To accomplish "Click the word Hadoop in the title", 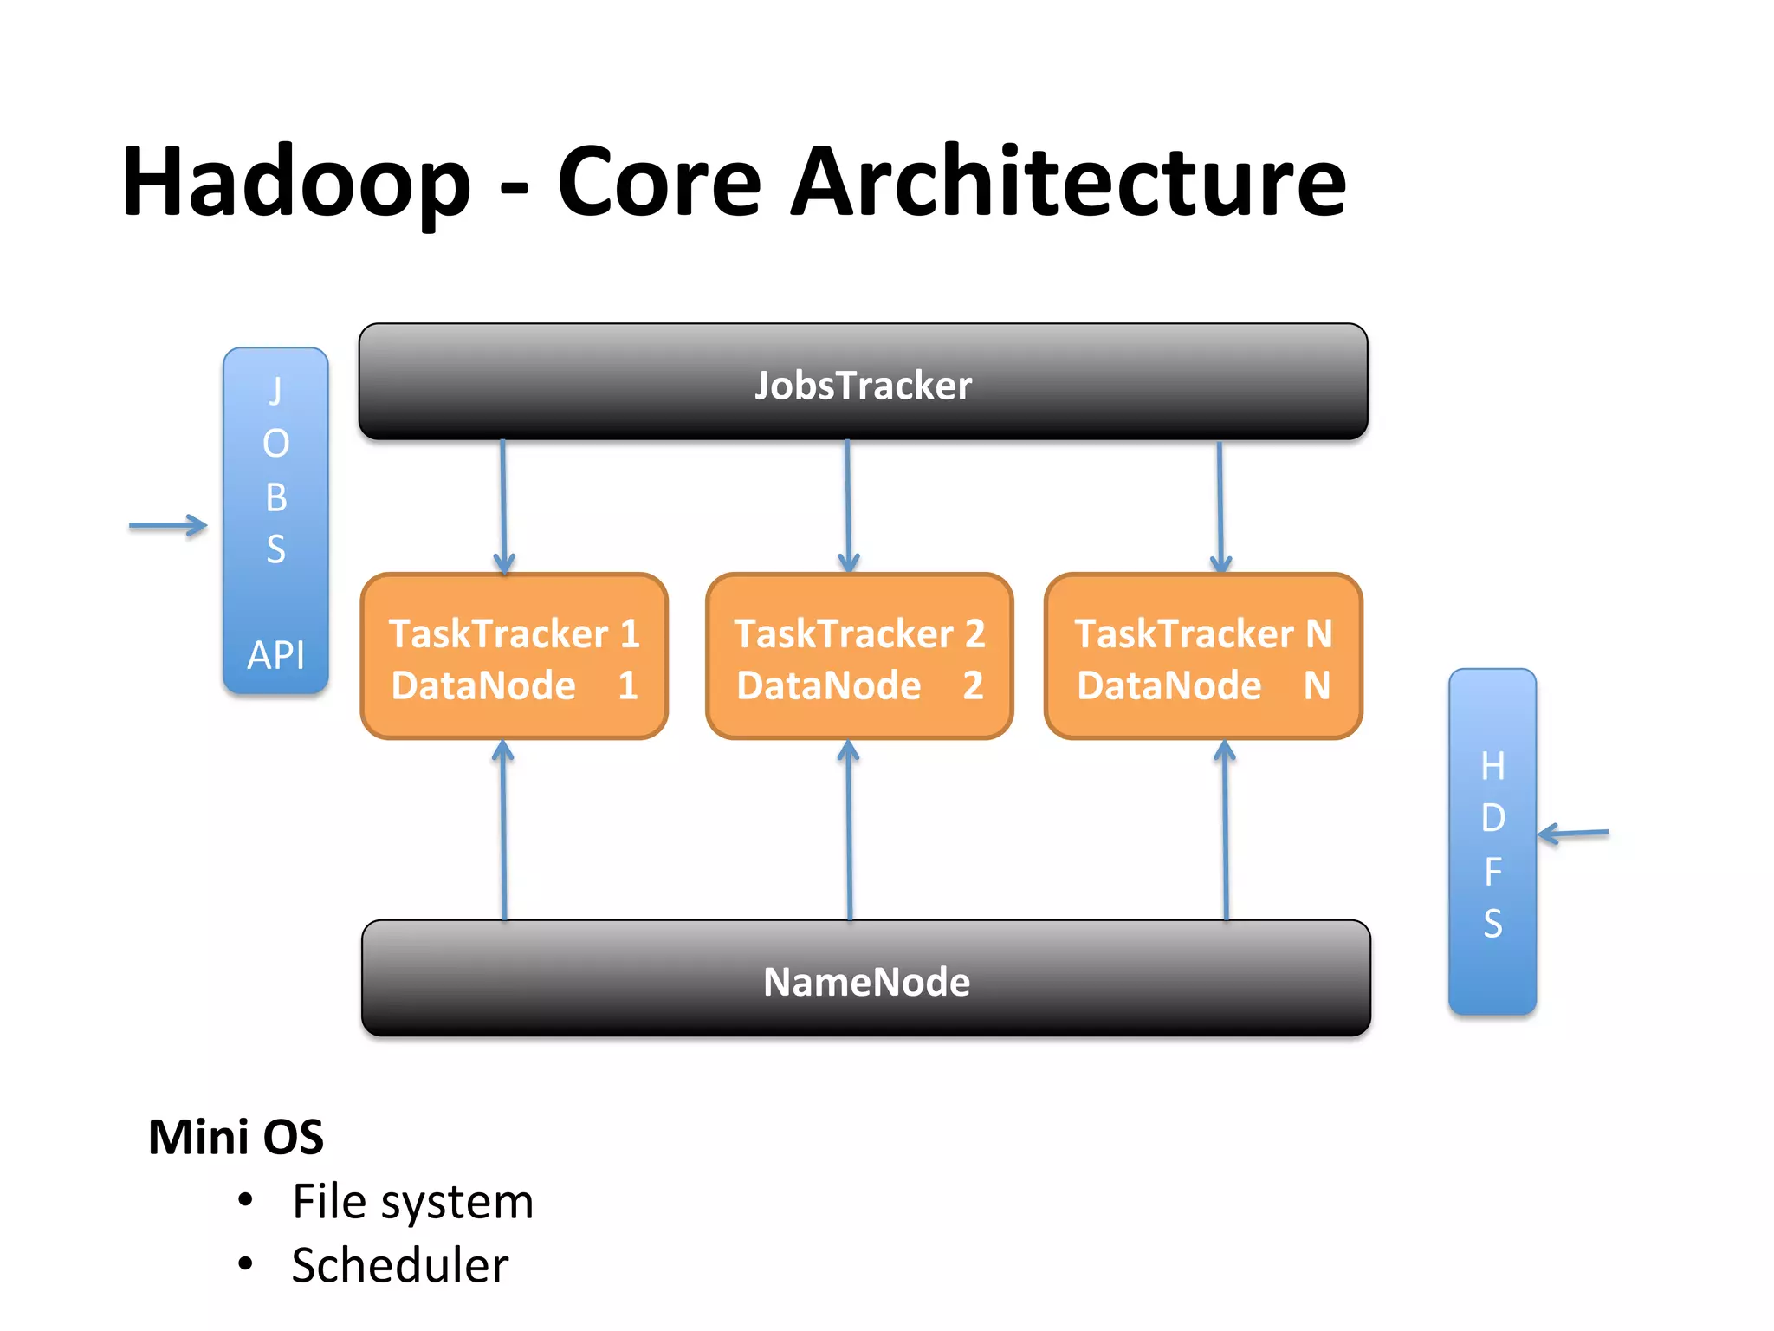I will coord(296,182).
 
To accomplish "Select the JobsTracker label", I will coord(863,386).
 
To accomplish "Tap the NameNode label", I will coord(866,982).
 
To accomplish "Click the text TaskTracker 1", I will coord(514,633).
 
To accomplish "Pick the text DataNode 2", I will coord(859,685).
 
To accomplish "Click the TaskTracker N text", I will coord(1203,633).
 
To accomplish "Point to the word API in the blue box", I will coord(275,655).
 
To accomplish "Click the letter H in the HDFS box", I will coord(1492,767).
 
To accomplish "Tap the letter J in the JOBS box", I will coord(275,391).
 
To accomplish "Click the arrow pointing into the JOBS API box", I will coord(168,525).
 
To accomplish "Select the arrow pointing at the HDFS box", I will coord(1573,834).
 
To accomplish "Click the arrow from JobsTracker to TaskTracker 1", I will coord(503,507).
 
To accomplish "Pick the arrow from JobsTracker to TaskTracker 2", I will coord(848,507).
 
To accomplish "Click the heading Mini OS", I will coord(236,1137).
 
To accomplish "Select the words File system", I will coord(412,1202).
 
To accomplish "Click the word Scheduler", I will coord(399,1265).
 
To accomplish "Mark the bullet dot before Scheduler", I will coord(246,1264).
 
